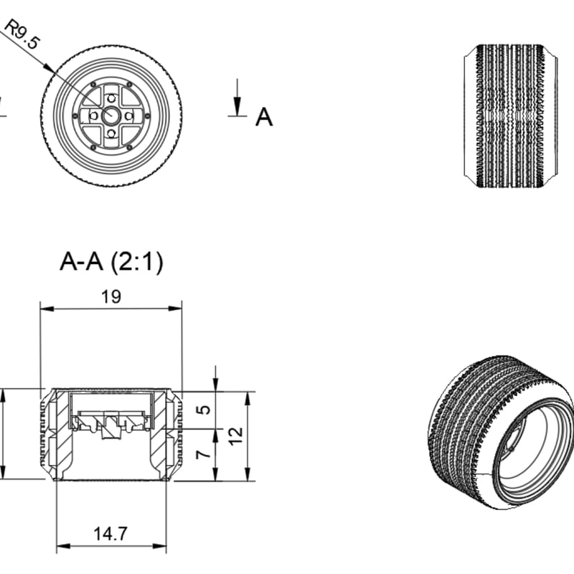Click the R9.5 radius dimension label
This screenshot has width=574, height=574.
point(22,34)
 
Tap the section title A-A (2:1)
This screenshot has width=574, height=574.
point(111,262)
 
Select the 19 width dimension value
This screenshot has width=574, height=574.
point(111,296)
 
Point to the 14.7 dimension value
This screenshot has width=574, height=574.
point(110,533)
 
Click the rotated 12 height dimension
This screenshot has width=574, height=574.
point(237,436)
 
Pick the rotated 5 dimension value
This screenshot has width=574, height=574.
point(204,409)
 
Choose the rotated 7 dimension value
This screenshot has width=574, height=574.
point(204,454)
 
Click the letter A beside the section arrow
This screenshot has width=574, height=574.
point(264,117)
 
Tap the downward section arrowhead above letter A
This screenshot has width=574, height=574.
point(237,106)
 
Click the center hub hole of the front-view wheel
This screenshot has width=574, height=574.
point(111,116)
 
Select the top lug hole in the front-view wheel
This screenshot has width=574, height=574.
point(111,98)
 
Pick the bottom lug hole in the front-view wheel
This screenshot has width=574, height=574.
point(111,133)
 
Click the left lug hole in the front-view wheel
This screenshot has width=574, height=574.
point(94,116)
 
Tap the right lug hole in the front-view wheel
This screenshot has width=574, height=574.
point(129,116)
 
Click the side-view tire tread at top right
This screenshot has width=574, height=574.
point(511,116)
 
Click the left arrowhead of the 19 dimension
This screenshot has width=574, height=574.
point(47,309)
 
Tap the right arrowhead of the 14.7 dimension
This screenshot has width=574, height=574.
point(159,546)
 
